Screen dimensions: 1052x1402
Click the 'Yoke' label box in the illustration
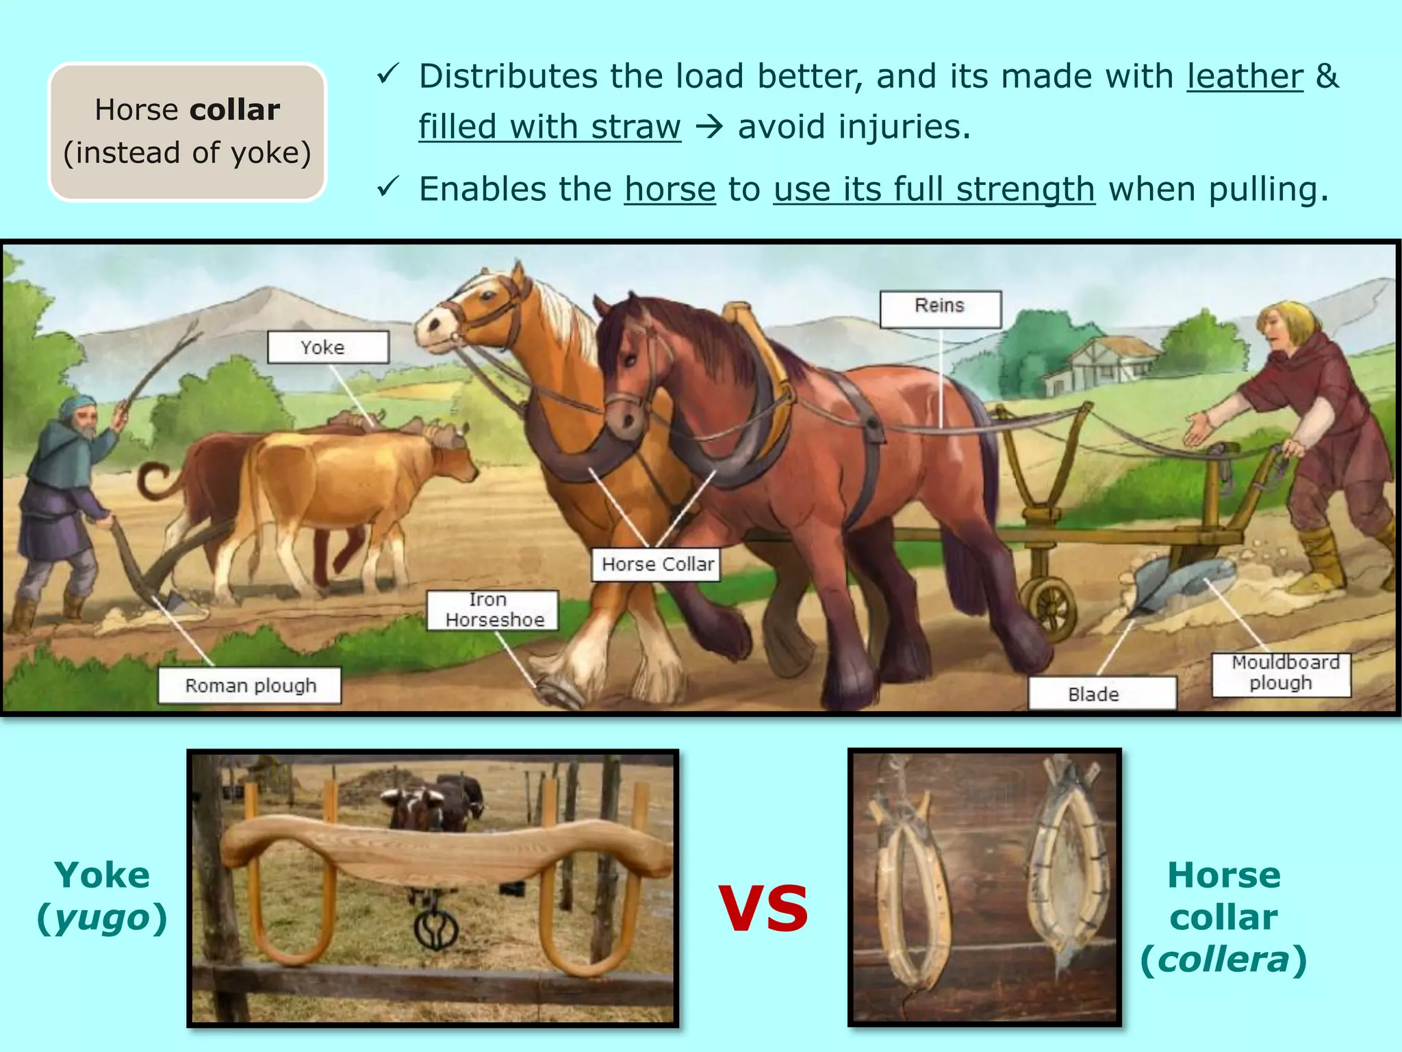[x=328, y=347]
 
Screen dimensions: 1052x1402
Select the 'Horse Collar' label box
[x=656, y=564]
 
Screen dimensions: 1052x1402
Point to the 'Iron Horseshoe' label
[x=493, y=610]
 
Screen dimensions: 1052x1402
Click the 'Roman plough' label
[x=250, y=686]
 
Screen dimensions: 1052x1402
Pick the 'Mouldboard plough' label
[x=1281, y=674]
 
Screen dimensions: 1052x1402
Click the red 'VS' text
[x=763, y=910]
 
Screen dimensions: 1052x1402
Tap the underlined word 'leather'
[x=1245, y=76]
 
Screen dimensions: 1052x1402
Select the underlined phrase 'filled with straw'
[x=550, y=127]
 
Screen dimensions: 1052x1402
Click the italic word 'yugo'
[x=102, y=918]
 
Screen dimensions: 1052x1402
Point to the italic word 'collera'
[x=1223, y=960]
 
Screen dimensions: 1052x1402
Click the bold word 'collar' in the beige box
[x=235, y=110]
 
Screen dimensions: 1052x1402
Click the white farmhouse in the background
[x=1102, y=364]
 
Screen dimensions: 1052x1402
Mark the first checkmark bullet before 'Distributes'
[x=387, y=74]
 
